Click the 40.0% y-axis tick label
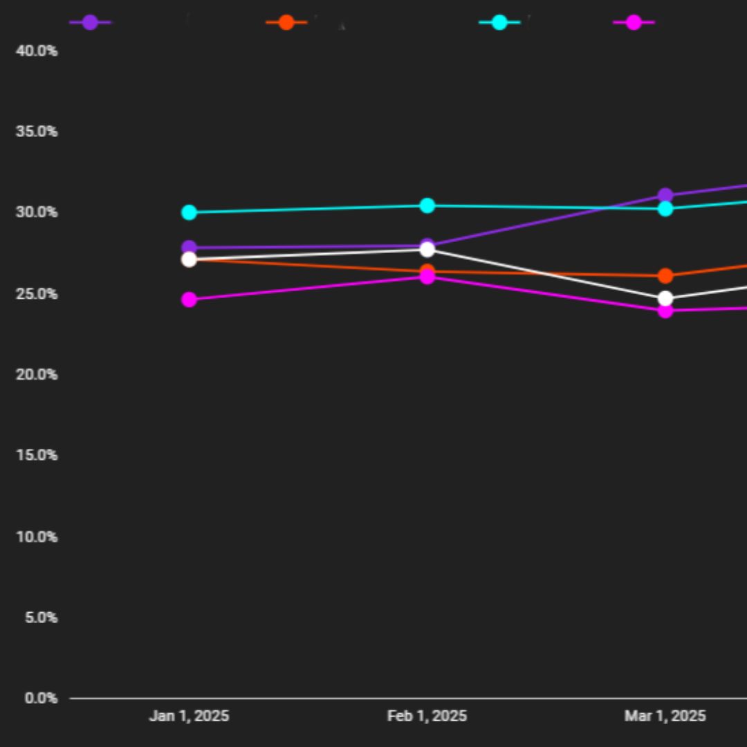pos(37,51)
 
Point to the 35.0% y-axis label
pos(37,131)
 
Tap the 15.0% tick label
pos(37,455)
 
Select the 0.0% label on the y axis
pos(41,698)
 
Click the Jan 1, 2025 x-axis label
pos(189,716)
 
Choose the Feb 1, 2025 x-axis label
pos(427,716)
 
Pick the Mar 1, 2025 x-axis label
pos(665,716)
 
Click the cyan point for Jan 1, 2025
pos(189,212)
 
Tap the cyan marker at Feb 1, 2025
pos(427,205)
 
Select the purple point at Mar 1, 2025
pos(665,196)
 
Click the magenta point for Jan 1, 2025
pos(189,299)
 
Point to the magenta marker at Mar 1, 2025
pos(665,311)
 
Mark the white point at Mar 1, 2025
pos(665,299)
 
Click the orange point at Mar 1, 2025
pos(665,276)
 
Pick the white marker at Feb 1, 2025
pos(427,250)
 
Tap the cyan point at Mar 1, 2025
pos(665,208)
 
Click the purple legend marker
pos(90,22)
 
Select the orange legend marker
pos(286,22)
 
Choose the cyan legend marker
pos(499,22)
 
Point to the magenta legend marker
pos(634,22)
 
